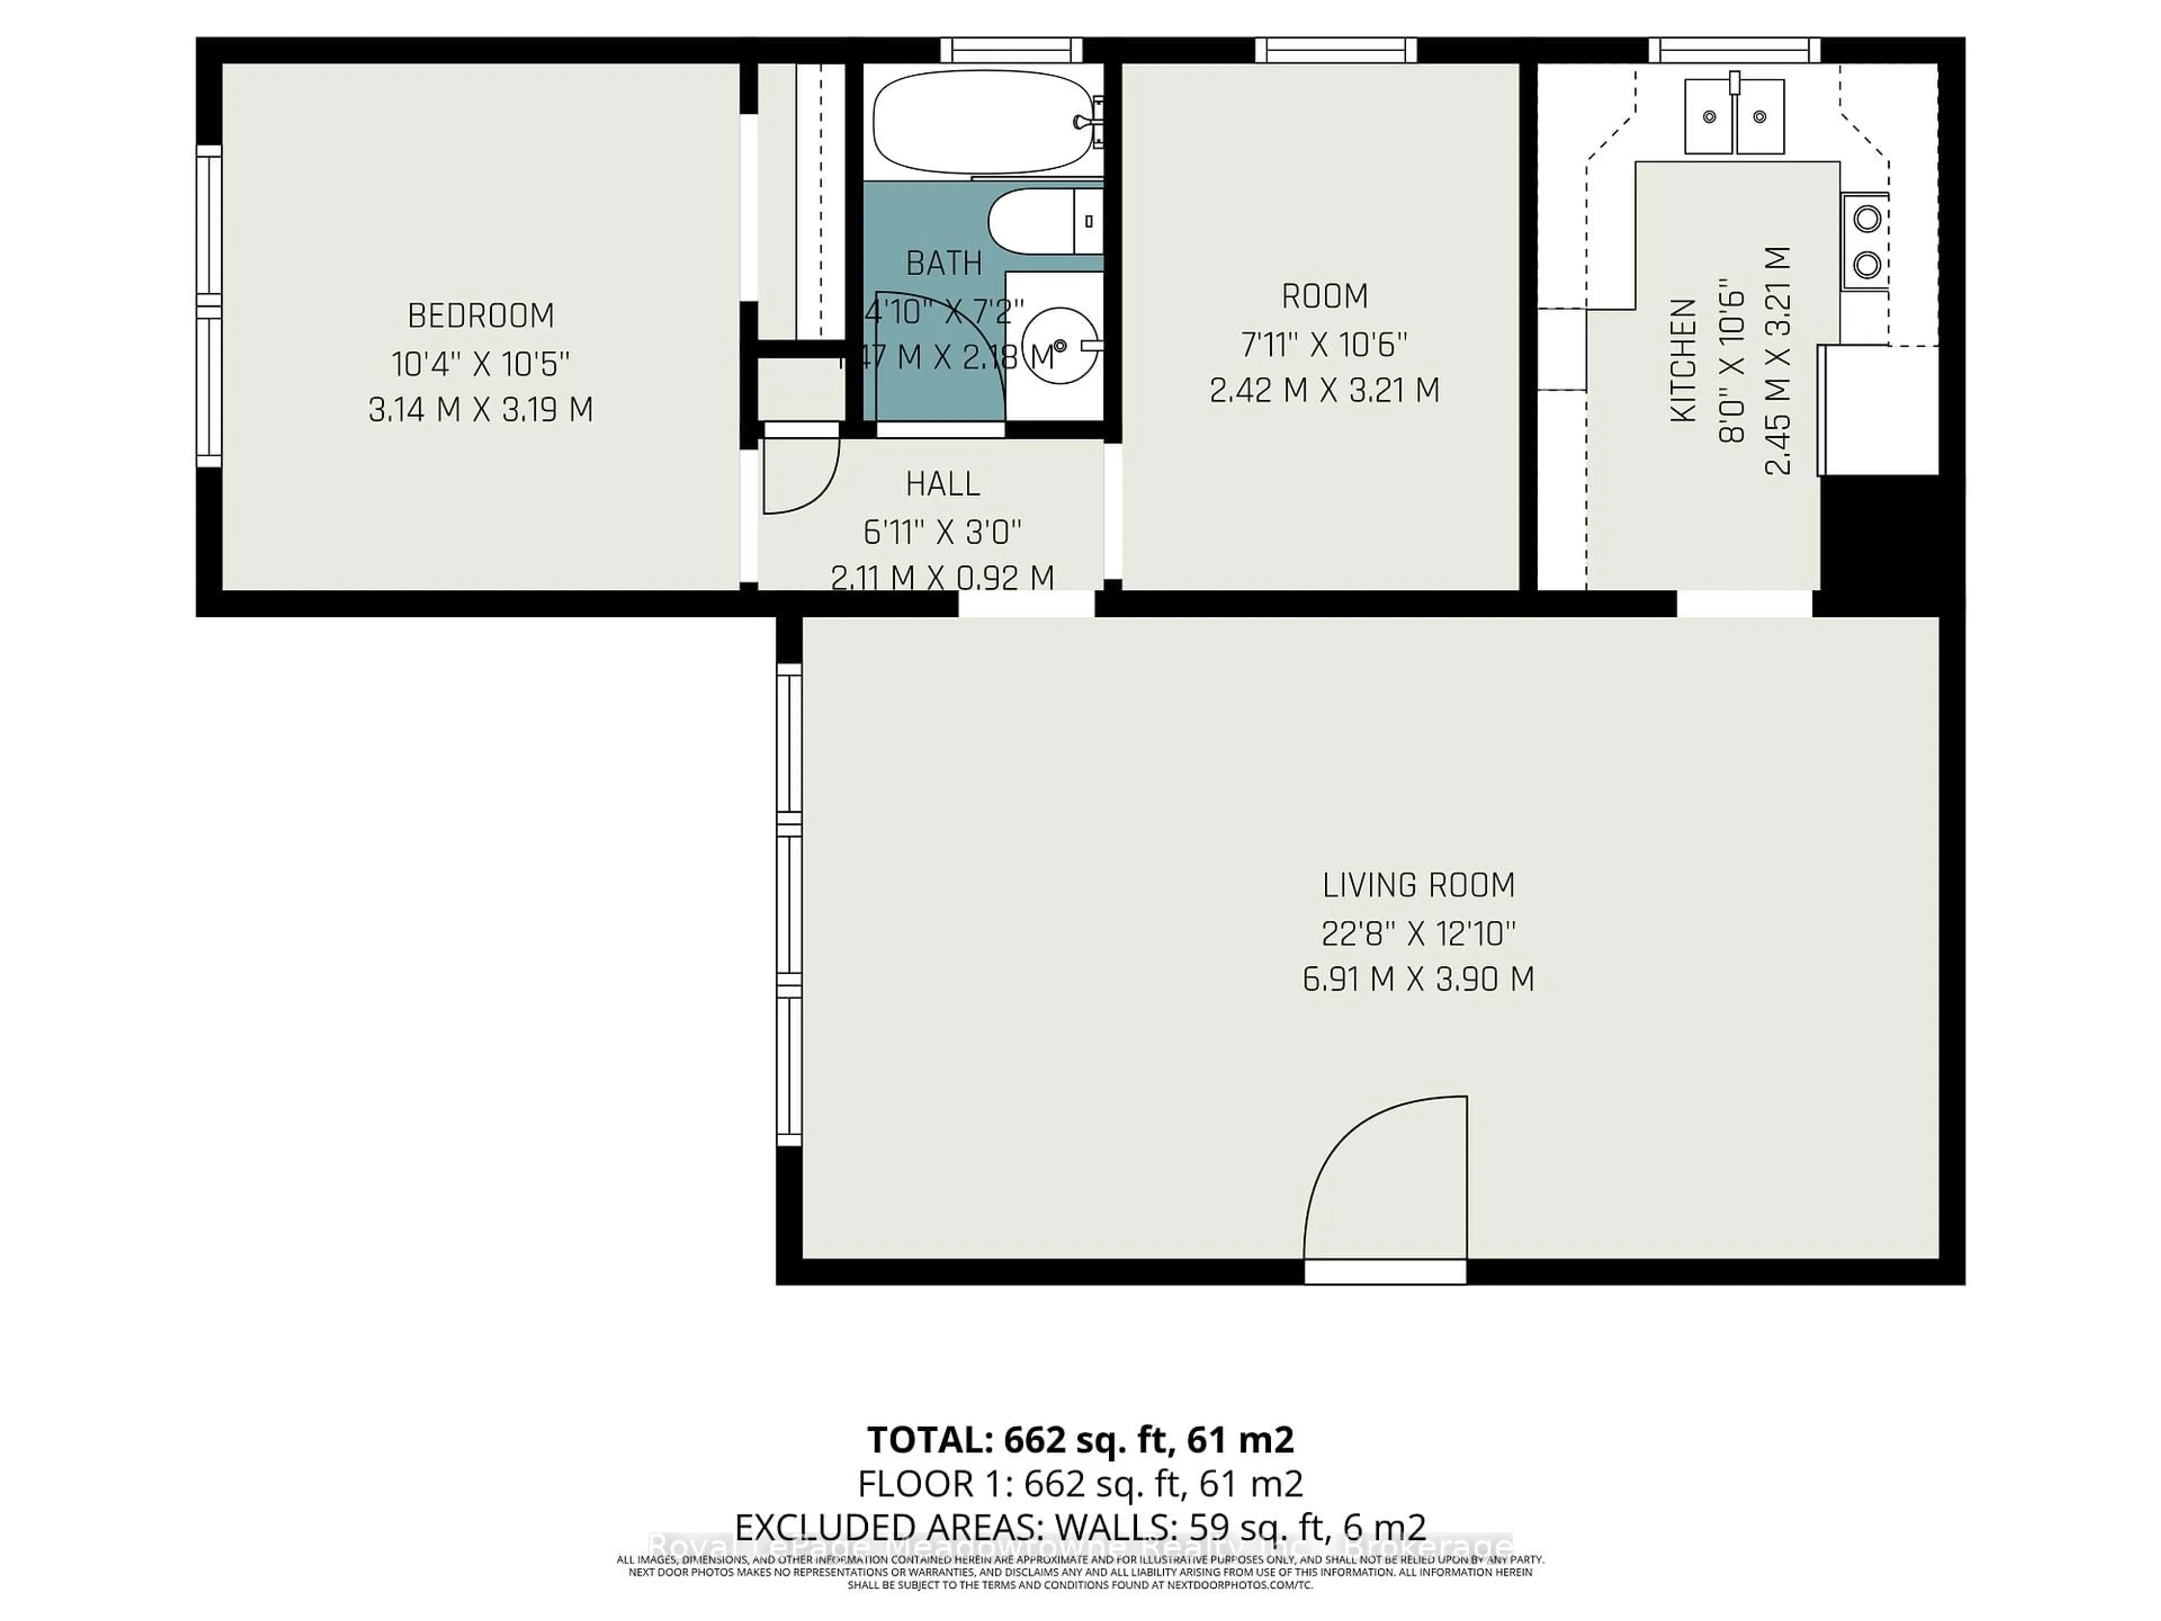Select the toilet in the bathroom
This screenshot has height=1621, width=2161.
click(1041, 222)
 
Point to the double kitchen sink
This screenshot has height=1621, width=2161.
click(1734, 117)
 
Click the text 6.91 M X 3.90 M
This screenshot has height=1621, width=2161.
click(1418, 979)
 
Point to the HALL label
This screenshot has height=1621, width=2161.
click(941, 483)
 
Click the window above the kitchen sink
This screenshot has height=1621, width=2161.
click(1734, 50)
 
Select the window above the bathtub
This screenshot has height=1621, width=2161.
click(1011, 50)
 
